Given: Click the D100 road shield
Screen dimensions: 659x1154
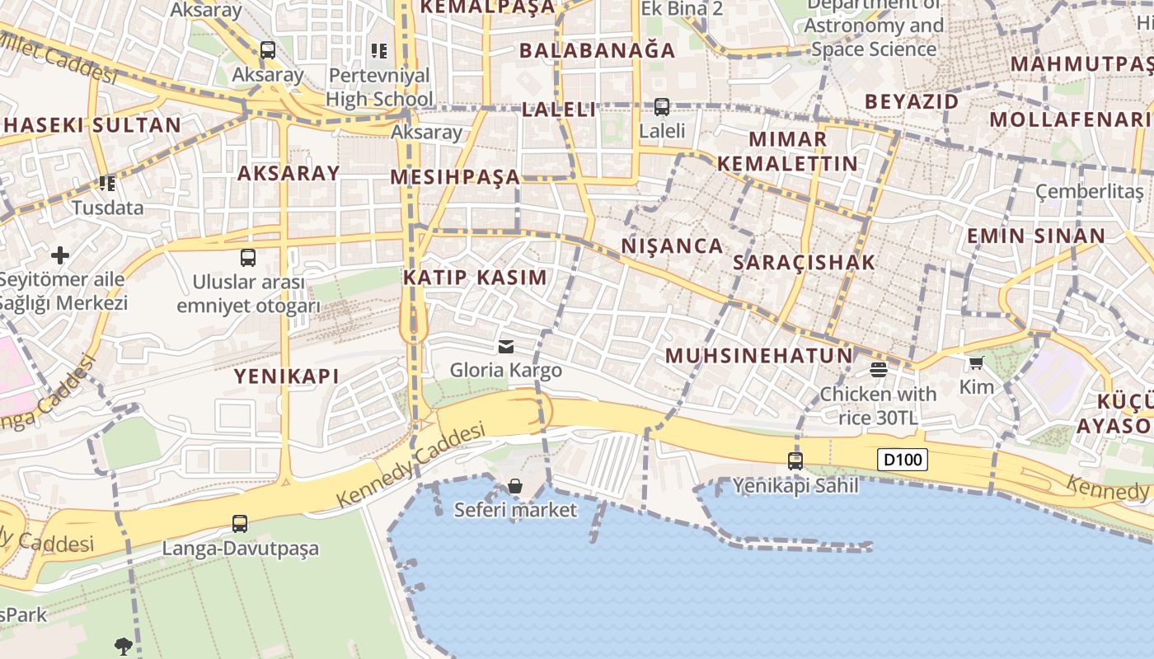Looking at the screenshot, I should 903,460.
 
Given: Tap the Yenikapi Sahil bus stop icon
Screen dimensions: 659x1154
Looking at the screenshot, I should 795,461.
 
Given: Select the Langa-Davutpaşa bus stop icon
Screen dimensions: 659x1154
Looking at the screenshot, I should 240,524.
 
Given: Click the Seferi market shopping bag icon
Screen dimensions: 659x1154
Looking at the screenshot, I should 515,486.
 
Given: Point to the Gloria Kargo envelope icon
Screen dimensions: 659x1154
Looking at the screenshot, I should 506,347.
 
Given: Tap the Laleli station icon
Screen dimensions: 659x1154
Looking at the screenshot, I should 662,106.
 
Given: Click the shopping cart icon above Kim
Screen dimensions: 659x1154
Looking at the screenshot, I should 977,362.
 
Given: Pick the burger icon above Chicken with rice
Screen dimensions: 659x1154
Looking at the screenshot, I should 878,370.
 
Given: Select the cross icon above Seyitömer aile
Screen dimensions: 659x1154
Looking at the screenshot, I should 60,255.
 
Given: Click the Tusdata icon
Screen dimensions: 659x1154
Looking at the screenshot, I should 107,183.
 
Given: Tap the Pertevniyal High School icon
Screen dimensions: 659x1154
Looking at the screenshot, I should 379,51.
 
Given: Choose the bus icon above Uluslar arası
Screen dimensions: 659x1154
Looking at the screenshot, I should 248,257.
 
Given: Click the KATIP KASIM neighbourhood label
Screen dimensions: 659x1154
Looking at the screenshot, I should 475,278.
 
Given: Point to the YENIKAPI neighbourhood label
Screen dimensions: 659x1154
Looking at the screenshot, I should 286,376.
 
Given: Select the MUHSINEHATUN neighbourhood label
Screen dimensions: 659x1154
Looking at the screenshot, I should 758,356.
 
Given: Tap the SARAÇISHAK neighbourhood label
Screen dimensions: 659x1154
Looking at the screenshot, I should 804,263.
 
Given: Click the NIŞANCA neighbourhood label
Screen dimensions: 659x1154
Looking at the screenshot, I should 672,245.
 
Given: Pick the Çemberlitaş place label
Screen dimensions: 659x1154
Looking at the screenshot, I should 1090,192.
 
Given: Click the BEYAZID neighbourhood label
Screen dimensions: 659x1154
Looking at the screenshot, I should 912,101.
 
